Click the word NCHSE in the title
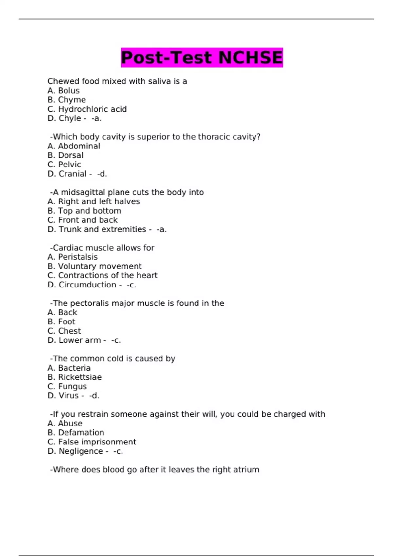(x=250, y=58)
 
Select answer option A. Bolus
(x=64, y=91)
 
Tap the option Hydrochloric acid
(x=87, y=109)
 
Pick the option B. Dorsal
(x=65, y=155)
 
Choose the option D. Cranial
(x=67, y=174)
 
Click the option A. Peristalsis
(x=73, y=257)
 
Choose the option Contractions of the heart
(x=103, y=276)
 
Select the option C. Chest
(x=64, y=331)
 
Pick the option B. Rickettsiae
(x=75, y=377)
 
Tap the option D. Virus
(x=63, y=396)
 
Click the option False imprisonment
(x=92, y=442)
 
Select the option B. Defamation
(x=76, y=433)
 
